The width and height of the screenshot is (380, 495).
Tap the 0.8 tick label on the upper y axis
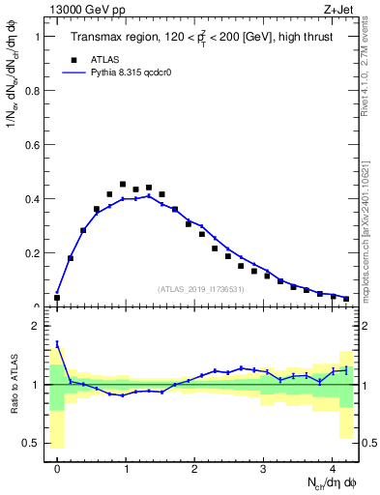[33, 91]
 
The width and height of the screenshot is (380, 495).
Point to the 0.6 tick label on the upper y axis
[33, 145]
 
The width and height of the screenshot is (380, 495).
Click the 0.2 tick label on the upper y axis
[33, 253]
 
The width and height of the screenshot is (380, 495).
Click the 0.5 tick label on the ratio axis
[33, 443]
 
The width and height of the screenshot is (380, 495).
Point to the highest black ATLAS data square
[123, 184]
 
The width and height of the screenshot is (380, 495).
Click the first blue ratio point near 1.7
[57, 343]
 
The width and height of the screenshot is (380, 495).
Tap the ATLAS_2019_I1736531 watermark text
[200, 289]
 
